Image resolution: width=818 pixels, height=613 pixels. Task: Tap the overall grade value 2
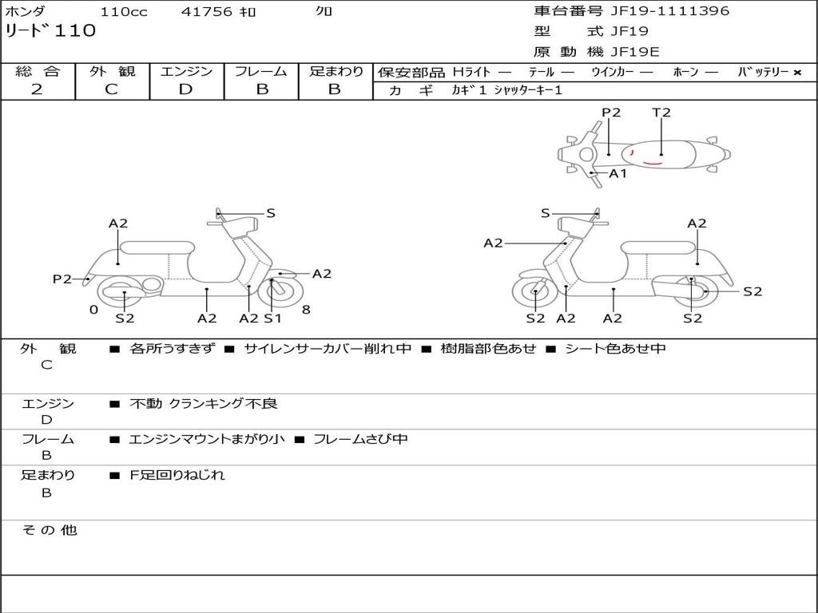pyautogui.click(x=37, y=89)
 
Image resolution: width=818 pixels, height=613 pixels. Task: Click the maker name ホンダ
pyautogui.click(x=26, y=12)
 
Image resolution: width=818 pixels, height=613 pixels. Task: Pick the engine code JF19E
pyautogui.click(x=635, y=52)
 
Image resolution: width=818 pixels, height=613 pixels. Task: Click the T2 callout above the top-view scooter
pyautogui.click(x=661, y=113)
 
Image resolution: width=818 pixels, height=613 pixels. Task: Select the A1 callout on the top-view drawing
pyautogui.click(x=618, y=173)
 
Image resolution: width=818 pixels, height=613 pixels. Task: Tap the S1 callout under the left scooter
pyautogui.click(x=273, y=318)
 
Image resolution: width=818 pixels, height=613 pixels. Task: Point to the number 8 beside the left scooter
pyautogui.click(x=306, y=310)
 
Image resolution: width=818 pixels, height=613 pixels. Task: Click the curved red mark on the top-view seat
pyautogui.click(x=652, y=163)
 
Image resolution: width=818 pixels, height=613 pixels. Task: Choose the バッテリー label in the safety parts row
pyautogui.click(x=763, y=72)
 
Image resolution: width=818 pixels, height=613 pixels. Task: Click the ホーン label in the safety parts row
pyautogui.click(x=685, y=72)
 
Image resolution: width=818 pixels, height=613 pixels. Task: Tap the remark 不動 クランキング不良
pyautogui.click(x=204, y=404)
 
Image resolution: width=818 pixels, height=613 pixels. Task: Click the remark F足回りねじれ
pyautogui.click(x=177, y=475)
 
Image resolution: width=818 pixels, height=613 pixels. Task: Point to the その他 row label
pyautogui.click(x=49, y=530)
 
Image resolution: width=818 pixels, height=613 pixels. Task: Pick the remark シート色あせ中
pyautogui.click(x=615, y=348)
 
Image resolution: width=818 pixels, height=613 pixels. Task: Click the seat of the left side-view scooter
pyautogui.click(x=157, y=247)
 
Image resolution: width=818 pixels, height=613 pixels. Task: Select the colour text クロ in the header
pyautogui.click(x=324, y=12)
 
